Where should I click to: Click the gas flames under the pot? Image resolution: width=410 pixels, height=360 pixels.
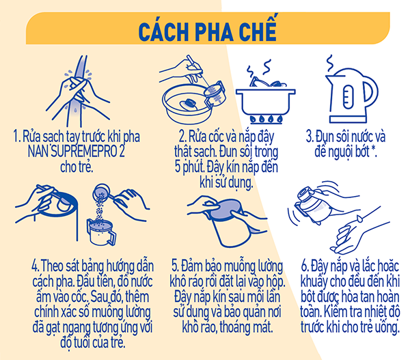(x=266, y=120)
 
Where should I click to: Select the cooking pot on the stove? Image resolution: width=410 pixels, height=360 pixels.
(x=265, y=102)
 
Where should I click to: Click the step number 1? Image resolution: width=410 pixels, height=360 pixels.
(x=16, y=137)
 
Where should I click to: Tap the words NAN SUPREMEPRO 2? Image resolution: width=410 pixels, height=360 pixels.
(x=76, y=152)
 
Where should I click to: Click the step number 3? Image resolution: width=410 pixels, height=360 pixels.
(x=310, y=137)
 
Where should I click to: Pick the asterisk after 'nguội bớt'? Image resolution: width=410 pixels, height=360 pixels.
(x=373, y=150)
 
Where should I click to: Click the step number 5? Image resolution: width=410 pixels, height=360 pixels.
(x=174, y=266)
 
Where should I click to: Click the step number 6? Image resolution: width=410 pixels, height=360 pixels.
(x=304, y=266)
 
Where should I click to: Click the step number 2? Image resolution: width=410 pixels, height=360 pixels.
(x=182, y=137)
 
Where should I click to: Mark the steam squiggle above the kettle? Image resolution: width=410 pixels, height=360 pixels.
(x=330, y=64)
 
